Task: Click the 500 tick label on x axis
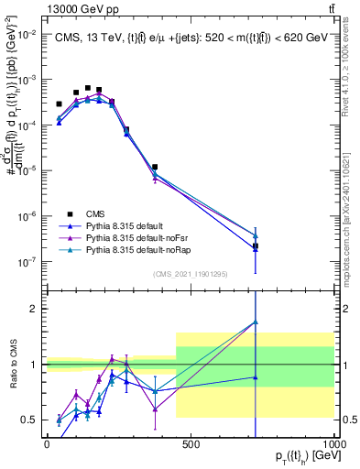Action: pos(191,444)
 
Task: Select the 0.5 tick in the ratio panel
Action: pos(30,420)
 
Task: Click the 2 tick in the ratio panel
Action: pos(34,309)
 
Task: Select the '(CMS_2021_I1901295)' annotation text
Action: pos(191,274)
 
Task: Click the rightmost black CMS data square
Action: pos(256,246)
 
